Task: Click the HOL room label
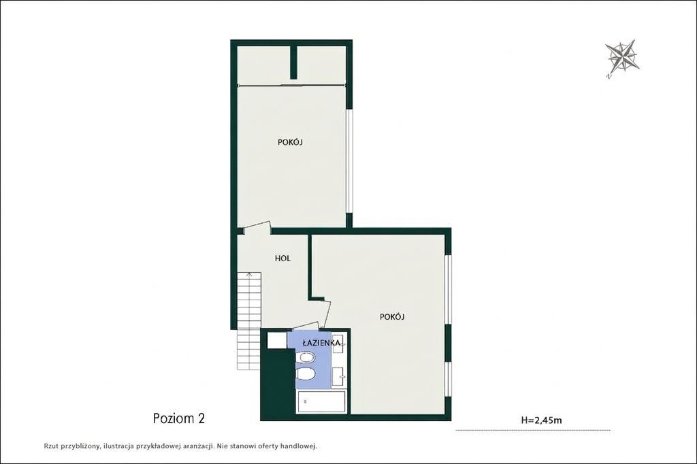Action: (282, 259)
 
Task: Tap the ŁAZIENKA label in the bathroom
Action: (321, 343)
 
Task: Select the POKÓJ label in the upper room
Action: (290, 142)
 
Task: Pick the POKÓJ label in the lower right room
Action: (392, 316)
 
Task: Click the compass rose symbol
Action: (622, 57)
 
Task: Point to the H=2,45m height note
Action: (541, 420)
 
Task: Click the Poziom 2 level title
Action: (179, 418)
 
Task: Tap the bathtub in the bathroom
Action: (322, 402)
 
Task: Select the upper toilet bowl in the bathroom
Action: (306, 357)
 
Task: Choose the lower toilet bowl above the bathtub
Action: (306, 375)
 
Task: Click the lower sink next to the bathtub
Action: (340, 378)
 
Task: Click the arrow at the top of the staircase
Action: (249, 274)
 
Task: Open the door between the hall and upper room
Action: (257, 227)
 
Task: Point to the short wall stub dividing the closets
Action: (293, 62)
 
